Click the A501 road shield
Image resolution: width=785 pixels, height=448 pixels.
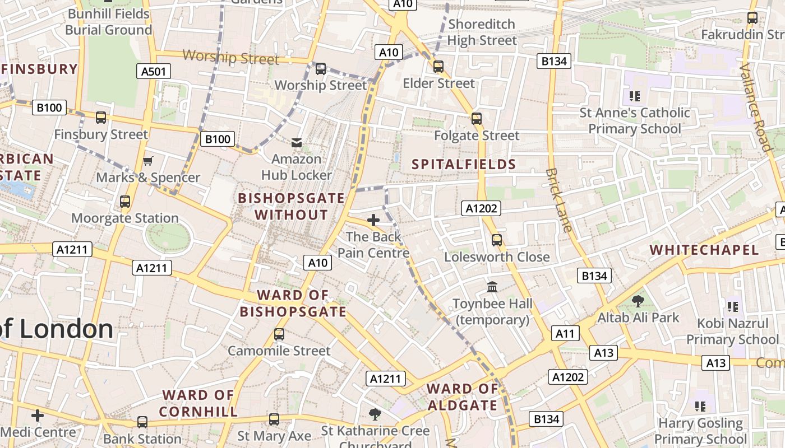[154, 71]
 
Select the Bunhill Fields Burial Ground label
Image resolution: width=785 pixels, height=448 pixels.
[108, 22]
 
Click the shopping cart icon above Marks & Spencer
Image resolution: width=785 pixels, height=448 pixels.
[147, 161]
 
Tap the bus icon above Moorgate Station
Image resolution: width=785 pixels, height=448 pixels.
[125, 202]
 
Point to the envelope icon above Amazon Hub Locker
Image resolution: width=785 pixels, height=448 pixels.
[297, 143]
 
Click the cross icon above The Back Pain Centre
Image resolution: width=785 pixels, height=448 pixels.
[373, 220]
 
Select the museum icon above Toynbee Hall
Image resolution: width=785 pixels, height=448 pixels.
[492, 287]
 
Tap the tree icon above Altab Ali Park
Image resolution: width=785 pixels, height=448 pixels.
[638, 301]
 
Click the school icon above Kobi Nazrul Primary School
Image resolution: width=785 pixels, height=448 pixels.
[732, 307]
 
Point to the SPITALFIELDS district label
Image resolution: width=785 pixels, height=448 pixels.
[464, 164]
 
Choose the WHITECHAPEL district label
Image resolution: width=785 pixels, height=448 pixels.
[704, 250]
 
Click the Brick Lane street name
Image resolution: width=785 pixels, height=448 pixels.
[559, 200]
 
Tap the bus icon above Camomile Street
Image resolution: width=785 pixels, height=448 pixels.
[279, 335]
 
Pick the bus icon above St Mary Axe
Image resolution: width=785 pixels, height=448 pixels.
[274, 419]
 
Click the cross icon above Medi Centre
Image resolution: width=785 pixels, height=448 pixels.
[38, 416]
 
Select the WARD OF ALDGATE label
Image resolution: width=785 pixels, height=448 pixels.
[463, 397]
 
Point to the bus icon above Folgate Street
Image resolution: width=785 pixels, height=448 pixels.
[477, 119]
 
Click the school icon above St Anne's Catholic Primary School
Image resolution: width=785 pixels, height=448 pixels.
[635, 96]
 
